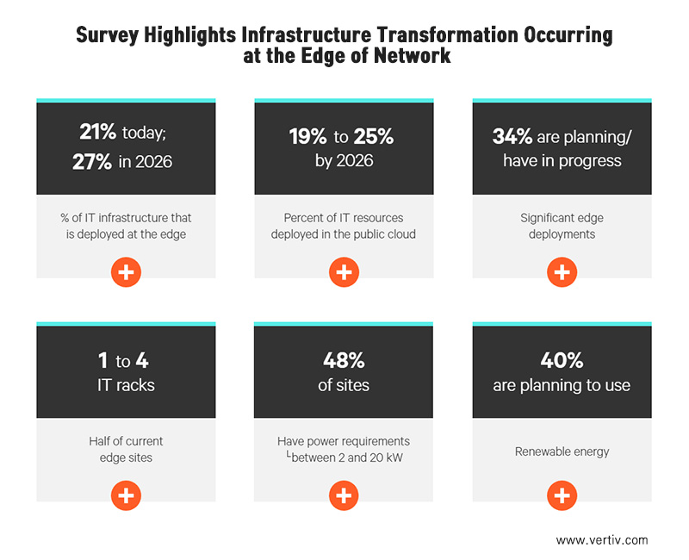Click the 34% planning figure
(512, 136)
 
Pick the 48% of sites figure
(343, 361)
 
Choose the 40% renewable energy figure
(562, 361)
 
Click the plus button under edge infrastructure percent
(126, 272)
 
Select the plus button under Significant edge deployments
(562, 272)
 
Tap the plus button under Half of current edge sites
(126, 495)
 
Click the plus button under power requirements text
(343, 495)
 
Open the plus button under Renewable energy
(562, 495)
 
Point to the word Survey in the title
(108, 35)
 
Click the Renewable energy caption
(562, 451)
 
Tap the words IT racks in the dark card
(126, 384)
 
